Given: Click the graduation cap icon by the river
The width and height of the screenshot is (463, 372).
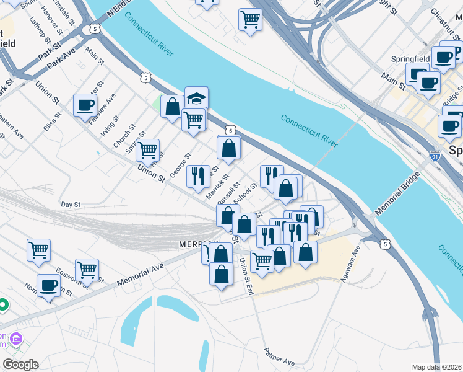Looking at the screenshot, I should [197, 98].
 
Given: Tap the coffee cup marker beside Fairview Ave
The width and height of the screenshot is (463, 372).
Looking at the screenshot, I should [85, 105].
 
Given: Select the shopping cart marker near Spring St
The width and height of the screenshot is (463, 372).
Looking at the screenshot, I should [147, 149].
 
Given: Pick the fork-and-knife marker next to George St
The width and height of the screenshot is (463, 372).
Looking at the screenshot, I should [198, 175].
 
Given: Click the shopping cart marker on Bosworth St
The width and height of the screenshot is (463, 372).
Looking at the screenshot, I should [87, 269].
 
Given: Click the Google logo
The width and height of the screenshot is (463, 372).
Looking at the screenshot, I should [20, 365].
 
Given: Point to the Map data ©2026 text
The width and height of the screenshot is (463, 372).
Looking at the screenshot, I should [437, 367].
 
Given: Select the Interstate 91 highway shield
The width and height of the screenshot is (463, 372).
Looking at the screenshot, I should [435, 156].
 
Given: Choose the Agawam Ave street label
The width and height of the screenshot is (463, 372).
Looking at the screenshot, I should [350, 265].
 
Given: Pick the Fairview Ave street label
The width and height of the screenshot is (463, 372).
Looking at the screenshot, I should [102, 108].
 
